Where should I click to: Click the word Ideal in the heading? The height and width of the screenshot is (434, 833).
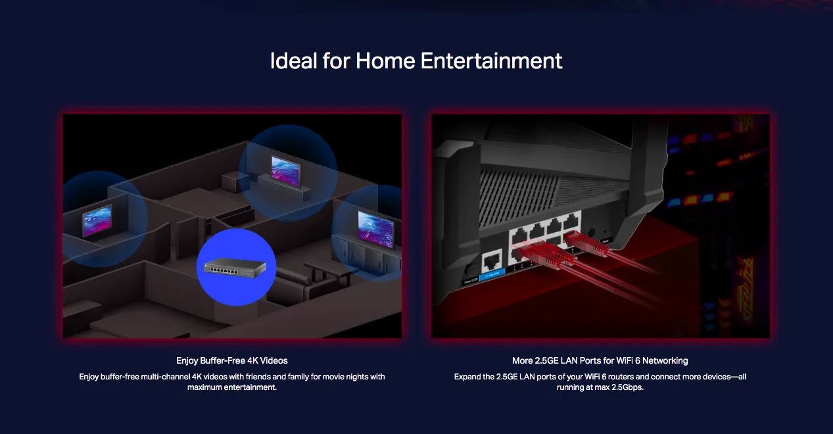(x=293, y=60)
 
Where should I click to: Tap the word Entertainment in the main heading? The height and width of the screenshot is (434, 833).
(x=491, y=60)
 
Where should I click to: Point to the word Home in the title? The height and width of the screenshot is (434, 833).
(x=385, y=60)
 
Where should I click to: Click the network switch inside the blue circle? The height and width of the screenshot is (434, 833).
(x=235, y=268)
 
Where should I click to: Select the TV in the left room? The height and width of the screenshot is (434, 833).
(x=97, y=220)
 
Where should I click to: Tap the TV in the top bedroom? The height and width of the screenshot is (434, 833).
(x=285, y=171)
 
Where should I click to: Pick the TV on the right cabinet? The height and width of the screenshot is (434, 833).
(x=375, y=229)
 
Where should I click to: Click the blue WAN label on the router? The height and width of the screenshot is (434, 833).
(x=492, y=275)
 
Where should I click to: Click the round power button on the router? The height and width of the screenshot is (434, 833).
(x=471, y=270)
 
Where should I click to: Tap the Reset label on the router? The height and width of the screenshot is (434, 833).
(x=606, y=241)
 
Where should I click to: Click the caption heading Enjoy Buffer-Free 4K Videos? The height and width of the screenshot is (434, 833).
(x=232, y=360)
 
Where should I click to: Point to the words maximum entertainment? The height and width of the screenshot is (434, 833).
(x=232, y=387)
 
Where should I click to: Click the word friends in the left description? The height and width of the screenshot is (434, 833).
(x=258, y=377)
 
